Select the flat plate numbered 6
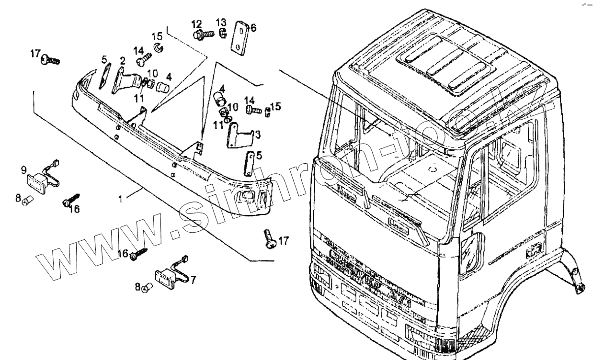(239, 36)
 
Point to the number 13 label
(221, 22)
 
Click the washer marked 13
(222, 33)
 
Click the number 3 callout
(258, 135)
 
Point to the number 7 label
(193, 279)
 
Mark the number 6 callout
(253, 28)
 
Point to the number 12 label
(197, 23)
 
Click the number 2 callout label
(123, 61)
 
